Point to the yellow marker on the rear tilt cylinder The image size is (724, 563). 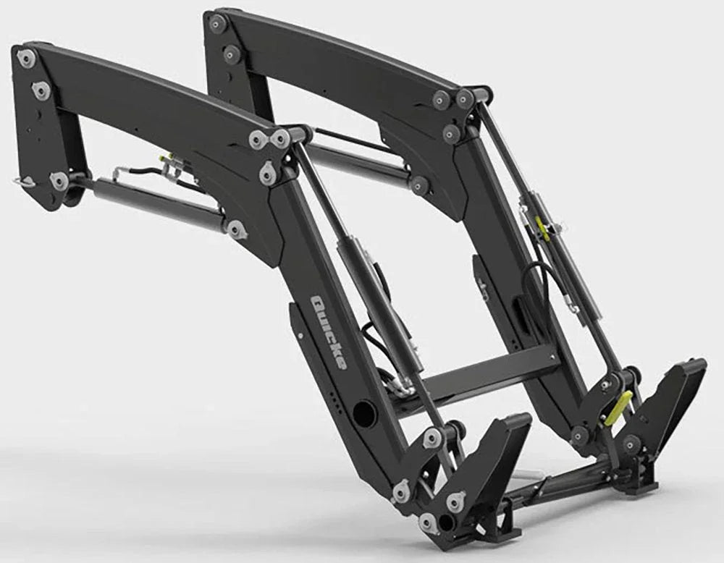(x=542, y=227)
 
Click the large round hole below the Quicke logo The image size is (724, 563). (x=361, y=412)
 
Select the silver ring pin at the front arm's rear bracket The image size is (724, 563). (x=24, y=182)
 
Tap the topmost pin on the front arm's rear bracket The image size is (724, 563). (x=26, y=58)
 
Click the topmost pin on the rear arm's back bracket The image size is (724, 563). (x=216, y=23)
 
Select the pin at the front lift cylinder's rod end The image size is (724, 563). (x=236, y=229)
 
